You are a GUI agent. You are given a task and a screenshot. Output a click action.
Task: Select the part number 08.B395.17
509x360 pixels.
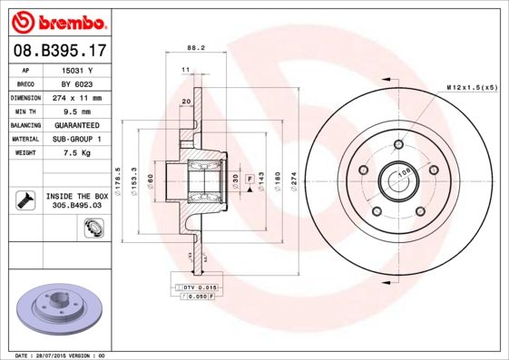pyautogui.click(x=59, y=51)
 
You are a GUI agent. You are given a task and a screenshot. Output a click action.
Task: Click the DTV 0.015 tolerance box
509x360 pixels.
pyautogui.click(x=193, y=287)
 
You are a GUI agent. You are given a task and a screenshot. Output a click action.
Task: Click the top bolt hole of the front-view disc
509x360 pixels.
pyautogui.click(x=397, y=144)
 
